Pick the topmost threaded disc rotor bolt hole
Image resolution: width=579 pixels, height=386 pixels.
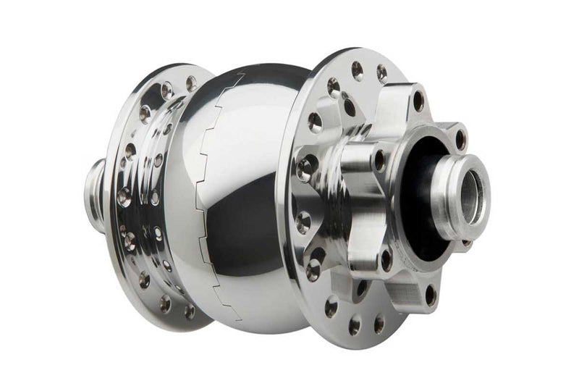pos(418,101)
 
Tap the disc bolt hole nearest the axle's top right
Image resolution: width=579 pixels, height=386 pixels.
pos(460,138)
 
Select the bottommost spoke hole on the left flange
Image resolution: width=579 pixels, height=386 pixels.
pos(189,311)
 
